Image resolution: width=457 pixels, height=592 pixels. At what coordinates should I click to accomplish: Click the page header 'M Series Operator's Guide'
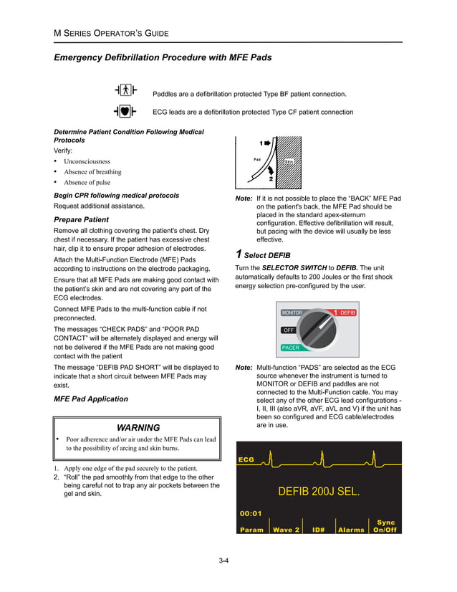pyautogui.click(x=107, y=32)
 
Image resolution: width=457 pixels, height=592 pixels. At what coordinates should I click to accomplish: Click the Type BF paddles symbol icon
pyautogui.click(x=126, y=90)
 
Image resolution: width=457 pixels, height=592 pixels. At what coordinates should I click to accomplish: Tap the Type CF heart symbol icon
pyautogui.click(x=126, y=111)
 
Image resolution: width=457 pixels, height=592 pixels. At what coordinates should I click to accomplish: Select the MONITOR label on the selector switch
pyautogui.click(x=292, y=313)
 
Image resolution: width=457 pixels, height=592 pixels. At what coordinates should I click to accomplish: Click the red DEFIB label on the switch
pyautogui.click(x=347, y=313)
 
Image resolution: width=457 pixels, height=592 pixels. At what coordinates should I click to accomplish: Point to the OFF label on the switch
pyautogui.click(x=289, y=330)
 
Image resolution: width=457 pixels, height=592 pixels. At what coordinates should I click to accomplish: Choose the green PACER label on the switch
pyautogui.click(x=290, y=347)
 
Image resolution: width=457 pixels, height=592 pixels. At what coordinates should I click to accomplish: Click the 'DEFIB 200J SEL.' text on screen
pyautogui.click(x=318, y=492)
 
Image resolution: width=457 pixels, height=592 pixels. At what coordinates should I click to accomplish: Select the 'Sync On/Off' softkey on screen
pyautogui.click(x=385, y=526)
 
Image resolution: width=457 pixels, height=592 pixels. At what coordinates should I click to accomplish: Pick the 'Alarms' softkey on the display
pyautogui.click(x=351, y=530)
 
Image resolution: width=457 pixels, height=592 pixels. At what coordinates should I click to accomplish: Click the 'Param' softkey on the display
pyautogui.click(x=252, y=530)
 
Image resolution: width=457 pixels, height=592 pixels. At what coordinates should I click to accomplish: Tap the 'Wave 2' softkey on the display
pyautogui.click(x=285, y=530)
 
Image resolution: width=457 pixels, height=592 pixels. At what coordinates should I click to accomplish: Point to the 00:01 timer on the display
pyautogui.click(x=251, y=513)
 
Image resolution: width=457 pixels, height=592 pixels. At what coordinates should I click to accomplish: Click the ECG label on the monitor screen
pyautogui.click(x=246, y=459)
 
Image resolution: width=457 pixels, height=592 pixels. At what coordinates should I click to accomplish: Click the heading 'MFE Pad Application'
pyautogui.click(x=91, y=399)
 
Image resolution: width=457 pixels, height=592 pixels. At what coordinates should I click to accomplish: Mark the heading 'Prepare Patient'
pyautogui.click(x=82, y=219)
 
